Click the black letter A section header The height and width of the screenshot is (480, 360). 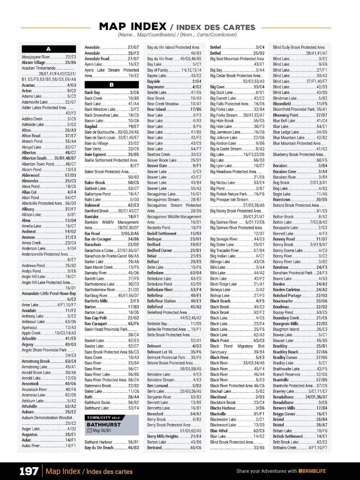49,49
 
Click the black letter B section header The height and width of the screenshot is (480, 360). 112,85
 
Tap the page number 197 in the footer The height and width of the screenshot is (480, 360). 29,471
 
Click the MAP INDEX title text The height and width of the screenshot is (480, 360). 132,27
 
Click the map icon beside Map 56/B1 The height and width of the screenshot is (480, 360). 89,430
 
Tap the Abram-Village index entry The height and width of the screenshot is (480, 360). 34,63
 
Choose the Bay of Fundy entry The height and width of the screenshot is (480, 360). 158,70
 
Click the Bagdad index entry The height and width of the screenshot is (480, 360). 91,126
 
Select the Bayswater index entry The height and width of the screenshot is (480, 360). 156,87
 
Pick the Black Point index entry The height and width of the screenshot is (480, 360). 220,341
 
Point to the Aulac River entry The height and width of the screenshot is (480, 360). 31,446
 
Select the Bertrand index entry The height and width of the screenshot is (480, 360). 154,448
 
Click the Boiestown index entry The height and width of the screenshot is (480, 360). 282,200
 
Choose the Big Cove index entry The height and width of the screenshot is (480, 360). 218,87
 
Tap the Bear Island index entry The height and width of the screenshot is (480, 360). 156,110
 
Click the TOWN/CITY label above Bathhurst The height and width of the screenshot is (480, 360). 97,418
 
